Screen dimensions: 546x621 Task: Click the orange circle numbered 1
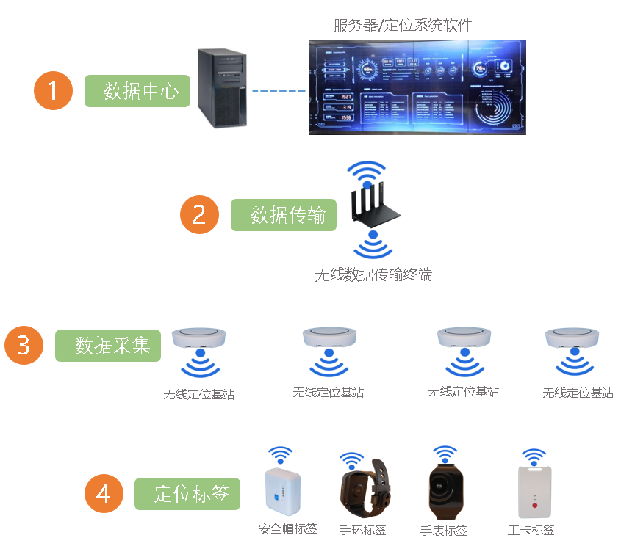(x=53, y=90)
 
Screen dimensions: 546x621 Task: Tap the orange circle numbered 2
(x=200, y=214)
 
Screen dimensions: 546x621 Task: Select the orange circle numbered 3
(x=24, y=345)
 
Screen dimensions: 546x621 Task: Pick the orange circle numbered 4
(x=104, y=493)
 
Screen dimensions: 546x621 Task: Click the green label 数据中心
(x=137, y=91)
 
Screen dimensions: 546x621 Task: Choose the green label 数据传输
(x=284, y=215)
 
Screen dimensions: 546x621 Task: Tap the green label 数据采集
(x=108, y=345)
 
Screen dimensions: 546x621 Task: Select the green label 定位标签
(x=187, y=494)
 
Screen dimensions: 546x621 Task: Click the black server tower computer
(x=221, y=87)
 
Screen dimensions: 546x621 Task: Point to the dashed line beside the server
(x=279, y=92)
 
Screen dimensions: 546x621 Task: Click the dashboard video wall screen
(x=417, y=87)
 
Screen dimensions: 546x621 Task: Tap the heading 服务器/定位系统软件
(x=402, y=26)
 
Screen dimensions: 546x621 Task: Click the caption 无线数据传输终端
(x=373, y=275)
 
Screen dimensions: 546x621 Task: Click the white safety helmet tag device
(x=283, y=489)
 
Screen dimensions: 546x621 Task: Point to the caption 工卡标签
(x=531, y=530)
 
